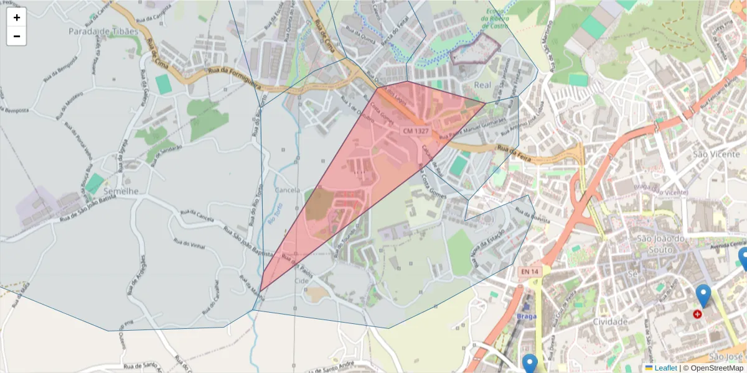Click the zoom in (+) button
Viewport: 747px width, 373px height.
point(17,17)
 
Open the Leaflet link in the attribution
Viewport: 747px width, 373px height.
point(665,368)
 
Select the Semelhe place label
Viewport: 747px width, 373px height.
point(121,191)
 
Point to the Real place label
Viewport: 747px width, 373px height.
point(483,85)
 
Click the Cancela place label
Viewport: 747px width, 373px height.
point(287,190)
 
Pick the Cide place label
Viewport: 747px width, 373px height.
point(301,281)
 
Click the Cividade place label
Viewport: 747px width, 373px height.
point(610,321)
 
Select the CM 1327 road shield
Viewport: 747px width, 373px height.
point(416,131)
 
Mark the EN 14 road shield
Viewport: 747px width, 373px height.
point(530,271)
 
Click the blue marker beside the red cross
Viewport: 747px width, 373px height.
point(703,296)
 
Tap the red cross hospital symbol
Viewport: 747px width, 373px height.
point(697,315)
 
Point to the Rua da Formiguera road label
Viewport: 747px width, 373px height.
point(235,73)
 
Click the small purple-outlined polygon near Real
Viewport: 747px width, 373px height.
point(475,50)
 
